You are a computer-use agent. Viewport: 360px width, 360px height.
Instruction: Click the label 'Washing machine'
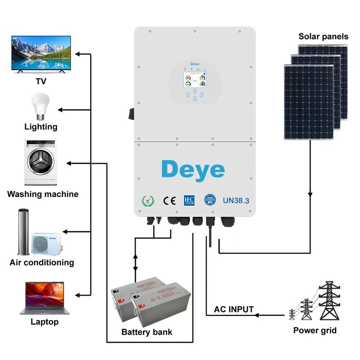point(43,194)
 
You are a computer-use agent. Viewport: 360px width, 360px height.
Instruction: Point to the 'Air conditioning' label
point(42,262)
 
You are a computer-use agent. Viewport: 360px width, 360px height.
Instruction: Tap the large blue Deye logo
point(193,170)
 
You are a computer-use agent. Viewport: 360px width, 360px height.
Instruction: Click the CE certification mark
point(169,201)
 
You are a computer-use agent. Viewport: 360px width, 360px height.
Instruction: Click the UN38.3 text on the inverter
point(236,201)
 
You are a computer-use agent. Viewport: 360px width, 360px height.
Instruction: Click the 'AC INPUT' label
point(234,310)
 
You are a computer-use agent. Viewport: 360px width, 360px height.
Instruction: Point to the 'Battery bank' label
point(147,333)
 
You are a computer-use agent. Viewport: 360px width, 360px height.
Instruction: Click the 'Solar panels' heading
point(323,36)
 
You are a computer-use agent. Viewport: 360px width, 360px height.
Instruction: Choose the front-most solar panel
point(309,102)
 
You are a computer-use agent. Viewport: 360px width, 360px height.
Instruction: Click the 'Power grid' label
point(315,331)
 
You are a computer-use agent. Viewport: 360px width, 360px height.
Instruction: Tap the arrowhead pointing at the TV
point(77,54)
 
